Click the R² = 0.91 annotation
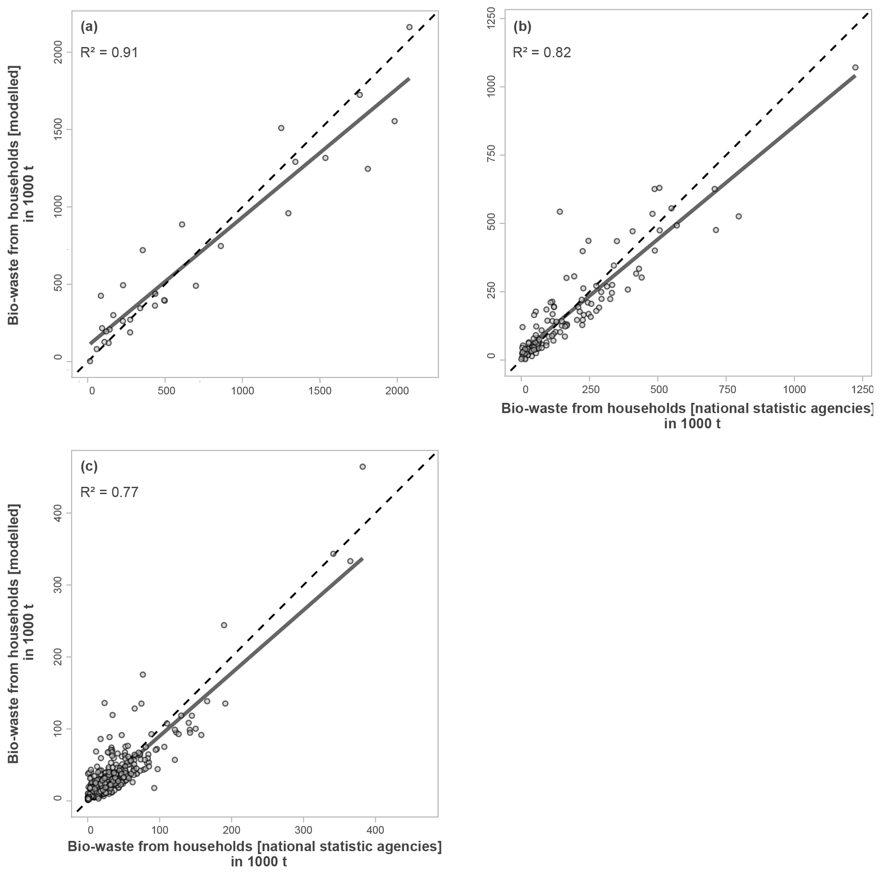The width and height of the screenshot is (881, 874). pos(109,52)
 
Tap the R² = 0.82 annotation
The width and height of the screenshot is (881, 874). pos(542,52)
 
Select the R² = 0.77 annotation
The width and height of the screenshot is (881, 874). pos(109,492)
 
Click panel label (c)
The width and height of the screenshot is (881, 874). pos(89,466)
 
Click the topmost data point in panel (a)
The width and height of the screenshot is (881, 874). pos(409,27)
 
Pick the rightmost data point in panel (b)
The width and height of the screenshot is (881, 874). pos(855,67)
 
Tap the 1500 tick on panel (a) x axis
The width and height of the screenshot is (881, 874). pos(320,391)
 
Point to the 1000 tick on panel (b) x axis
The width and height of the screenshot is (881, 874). pos(794,390)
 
